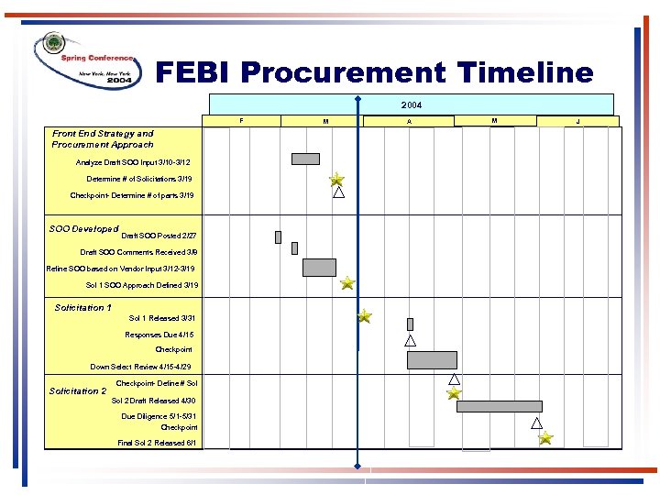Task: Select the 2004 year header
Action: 412,104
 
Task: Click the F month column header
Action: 241,120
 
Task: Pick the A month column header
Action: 409,121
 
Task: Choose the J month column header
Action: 577,121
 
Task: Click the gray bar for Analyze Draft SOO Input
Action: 305,159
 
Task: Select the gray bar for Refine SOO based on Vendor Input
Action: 319,267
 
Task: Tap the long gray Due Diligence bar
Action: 499,406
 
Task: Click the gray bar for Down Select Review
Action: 432,359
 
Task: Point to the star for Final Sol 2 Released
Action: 545,439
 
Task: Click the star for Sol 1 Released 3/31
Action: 365,316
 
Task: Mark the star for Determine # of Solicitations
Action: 337,179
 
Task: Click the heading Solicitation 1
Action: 83,308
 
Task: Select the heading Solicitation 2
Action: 78,391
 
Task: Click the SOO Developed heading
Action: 83,229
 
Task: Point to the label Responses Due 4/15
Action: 159,335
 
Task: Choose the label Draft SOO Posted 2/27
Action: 159,236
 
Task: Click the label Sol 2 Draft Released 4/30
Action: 153,401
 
